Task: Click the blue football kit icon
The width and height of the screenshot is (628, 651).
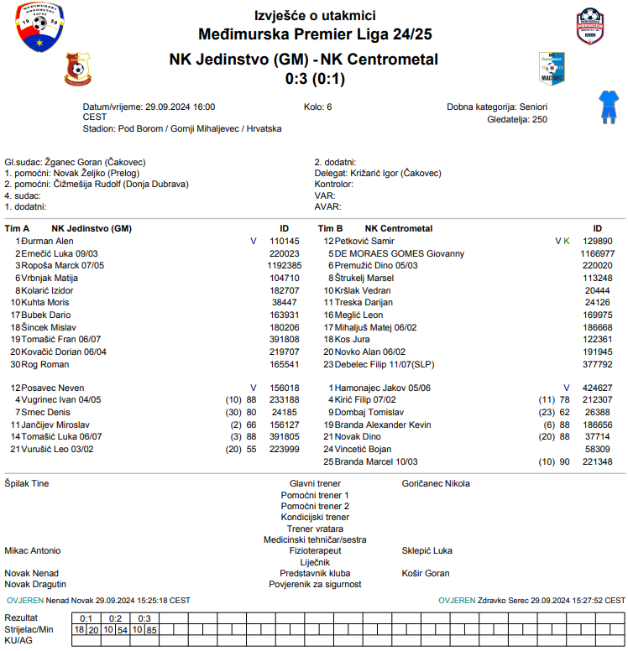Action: coord(606,107)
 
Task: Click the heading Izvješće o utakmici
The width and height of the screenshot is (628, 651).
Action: coord(315,16)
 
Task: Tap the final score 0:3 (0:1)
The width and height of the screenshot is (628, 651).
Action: coord(315,79)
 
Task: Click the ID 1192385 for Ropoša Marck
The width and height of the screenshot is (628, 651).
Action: coord(284,265)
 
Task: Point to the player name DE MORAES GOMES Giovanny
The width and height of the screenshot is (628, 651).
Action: coord(400,253)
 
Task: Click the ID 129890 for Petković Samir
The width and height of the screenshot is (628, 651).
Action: coord(597,241)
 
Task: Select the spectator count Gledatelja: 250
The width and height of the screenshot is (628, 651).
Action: coord(516,120)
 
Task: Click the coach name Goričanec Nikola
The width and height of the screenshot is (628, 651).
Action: coord(436,484)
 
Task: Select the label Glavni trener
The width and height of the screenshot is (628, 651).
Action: coord(315,484)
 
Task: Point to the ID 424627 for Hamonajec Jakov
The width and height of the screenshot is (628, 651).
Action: coord(597,388)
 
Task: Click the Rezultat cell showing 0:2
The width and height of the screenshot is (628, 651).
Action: coord(115,618)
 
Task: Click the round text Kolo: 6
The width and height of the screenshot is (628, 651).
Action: coord(317,107)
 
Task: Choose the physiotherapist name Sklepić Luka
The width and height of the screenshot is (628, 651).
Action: coord(427,551)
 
